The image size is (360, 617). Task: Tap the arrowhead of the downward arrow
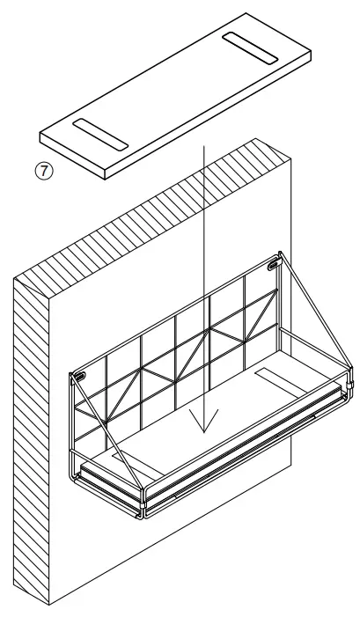203,428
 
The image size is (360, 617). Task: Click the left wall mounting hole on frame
80,377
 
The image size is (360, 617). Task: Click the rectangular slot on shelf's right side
281,381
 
